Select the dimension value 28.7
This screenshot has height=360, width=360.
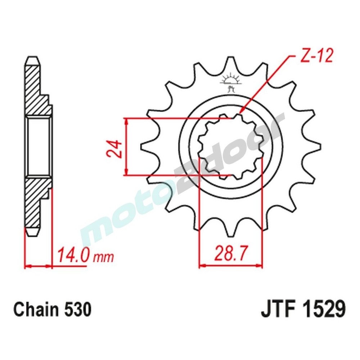pos(230,254)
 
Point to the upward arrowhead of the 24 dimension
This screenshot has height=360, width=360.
pos(126,121)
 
